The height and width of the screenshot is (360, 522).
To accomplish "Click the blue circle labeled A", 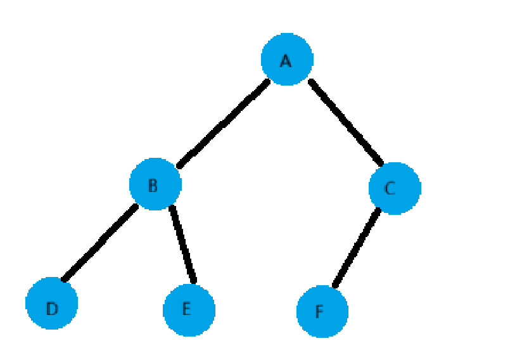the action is (x=287, y=59).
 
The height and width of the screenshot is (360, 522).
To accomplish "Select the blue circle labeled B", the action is (x=155, y=184).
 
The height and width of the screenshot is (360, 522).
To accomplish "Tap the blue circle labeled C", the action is (x=395, y=188).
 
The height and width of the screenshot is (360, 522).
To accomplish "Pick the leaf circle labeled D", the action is (x=51, y=304).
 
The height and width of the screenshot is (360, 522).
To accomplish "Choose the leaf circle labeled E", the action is (x=189, y=310).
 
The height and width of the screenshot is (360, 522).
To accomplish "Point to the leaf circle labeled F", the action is (x=322, y=312).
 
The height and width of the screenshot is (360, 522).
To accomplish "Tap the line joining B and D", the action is (x=99, y=242).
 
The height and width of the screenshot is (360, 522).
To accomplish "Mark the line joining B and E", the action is (x=182, y=244).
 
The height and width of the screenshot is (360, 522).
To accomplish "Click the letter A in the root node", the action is (x=285, y=61).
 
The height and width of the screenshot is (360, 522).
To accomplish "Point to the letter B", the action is (x=153, y=186).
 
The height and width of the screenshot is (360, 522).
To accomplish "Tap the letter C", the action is (x=390, y=188).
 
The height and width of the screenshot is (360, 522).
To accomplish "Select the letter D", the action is (x=52, y=309).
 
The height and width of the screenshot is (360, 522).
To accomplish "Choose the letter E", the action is (x=186, y=309).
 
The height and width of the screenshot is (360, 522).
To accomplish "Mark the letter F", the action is (x=319, y=312).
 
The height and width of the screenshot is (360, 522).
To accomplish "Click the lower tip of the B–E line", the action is (x=193, y=281).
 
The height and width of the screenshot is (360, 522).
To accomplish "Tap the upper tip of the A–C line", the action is (x=310, y=81).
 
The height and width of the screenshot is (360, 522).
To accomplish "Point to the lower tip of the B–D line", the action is (x=63, y=278).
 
